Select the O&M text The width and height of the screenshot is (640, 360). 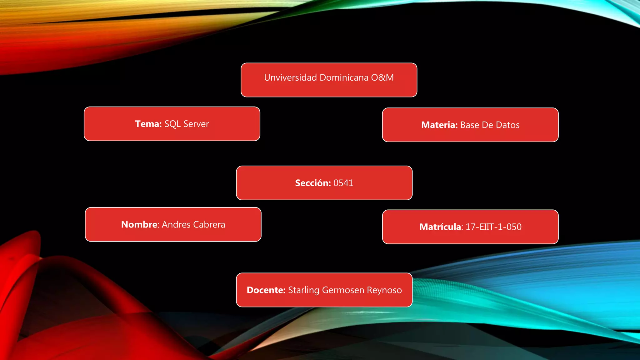(382, 77)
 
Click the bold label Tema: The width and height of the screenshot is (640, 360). (148, 124)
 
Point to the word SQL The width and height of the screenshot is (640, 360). (172, 124)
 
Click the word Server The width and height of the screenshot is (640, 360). (196, 124)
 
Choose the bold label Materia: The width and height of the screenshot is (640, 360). (439, 125)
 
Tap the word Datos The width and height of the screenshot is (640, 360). (507, 125)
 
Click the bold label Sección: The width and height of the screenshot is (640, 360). (313, 183)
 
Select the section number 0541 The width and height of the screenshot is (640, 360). (343, 183)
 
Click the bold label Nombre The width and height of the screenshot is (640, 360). (139, 224)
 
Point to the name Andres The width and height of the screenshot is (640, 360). (176, 224)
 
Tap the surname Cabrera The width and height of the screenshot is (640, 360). (209, 224)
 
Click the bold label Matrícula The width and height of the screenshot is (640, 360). (440, 227)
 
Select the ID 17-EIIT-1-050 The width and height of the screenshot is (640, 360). (493, 227)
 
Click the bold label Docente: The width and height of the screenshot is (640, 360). (266, 290)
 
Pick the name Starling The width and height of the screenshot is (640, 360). (303, 290)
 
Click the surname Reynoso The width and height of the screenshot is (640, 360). (384, 290)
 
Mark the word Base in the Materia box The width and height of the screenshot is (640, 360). (470, 125)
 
